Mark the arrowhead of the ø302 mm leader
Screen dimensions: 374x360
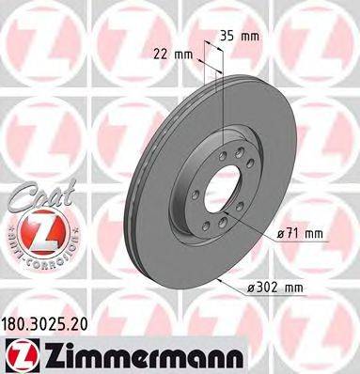(x=216, y=278)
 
